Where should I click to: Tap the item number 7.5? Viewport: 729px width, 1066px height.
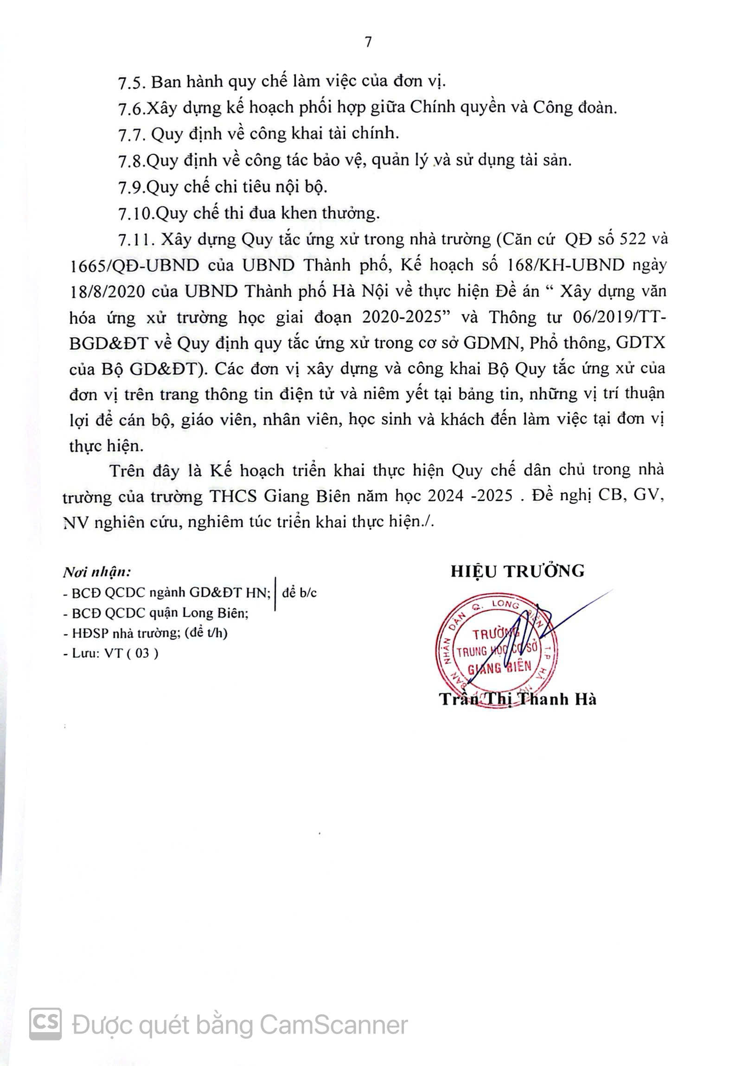click(x=132, y=82)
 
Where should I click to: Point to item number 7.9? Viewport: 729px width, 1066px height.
click(x=132, y=188)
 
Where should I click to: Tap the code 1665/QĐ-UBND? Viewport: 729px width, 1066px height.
click(x=135, y=266)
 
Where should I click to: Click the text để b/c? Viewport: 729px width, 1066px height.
click(x=299, y=593)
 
